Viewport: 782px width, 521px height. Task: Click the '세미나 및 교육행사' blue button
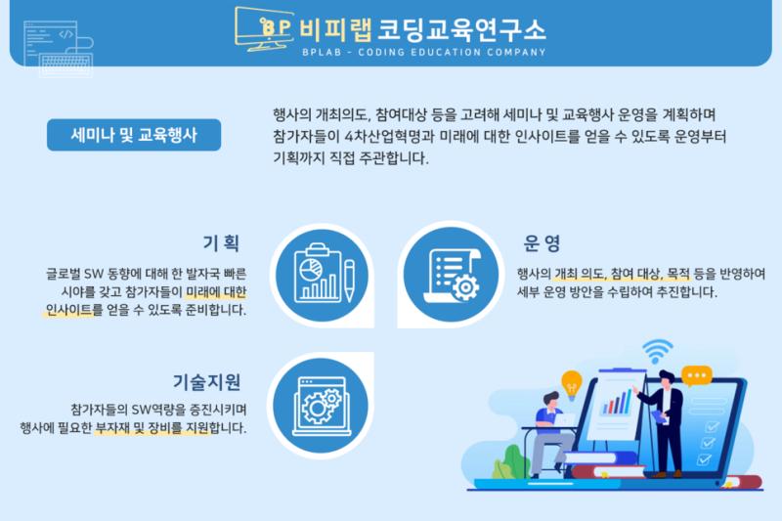pos(134,135)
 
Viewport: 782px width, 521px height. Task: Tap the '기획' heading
pos(222,242)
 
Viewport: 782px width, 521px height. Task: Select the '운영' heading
pos(543,242)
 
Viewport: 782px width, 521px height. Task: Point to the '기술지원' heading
pos(207,382)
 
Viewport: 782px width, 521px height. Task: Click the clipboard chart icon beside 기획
pos(323,275)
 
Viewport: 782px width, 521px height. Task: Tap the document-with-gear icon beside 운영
pos(451,275)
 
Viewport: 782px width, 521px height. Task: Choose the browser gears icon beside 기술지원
pos(322,406)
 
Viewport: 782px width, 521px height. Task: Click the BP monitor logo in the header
pos(264,29)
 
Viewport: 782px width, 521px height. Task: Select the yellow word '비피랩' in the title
pos(335,30)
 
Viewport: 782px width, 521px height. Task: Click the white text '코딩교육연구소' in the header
pos(461,30)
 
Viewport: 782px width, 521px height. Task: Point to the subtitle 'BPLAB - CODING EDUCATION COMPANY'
pos(424,52)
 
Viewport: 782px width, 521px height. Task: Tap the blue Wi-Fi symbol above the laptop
pos(657,351)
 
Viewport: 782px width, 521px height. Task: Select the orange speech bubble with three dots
pos(696,376)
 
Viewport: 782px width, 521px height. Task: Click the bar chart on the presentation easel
pos(617,403)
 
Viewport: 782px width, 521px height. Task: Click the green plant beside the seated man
pos(509,463)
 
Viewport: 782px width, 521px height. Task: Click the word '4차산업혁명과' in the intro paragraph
pos(390,137)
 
